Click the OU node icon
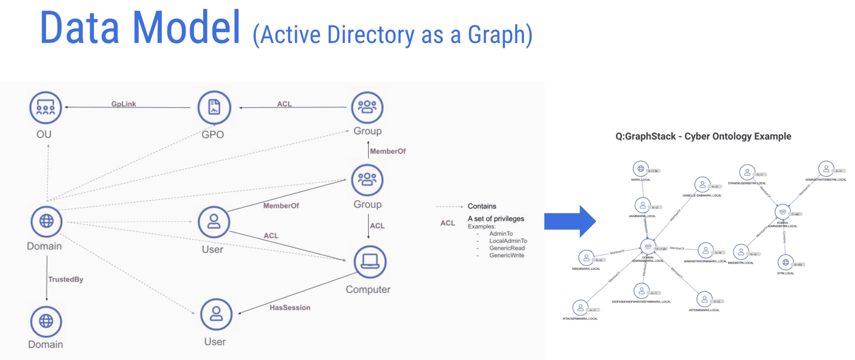click(46, 108)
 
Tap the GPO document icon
click(214, 107)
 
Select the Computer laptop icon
click(370, 262)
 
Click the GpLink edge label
click(124, 104)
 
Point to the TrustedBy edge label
click(66, 279)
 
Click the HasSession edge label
click(290, 307)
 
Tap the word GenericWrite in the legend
click(506, 255)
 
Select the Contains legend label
click(482, 206)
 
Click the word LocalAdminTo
click(508, 241)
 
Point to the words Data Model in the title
click(140, 28)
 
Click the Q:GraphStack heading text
click(703, 136)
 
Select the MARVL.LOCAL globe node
click(640, 169)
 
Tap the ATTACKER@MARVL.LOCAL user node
click(580, 308)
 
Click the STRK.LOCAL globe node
click(785, 262)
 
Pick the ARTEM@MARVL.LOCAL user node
click(704, 299)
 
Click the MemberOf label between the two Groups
click(387, 151)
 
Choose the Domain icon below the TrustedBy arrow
click(46, 321)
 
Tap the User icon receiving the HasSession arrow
click(216, 314)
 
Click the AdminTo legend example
click(501, 233)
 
